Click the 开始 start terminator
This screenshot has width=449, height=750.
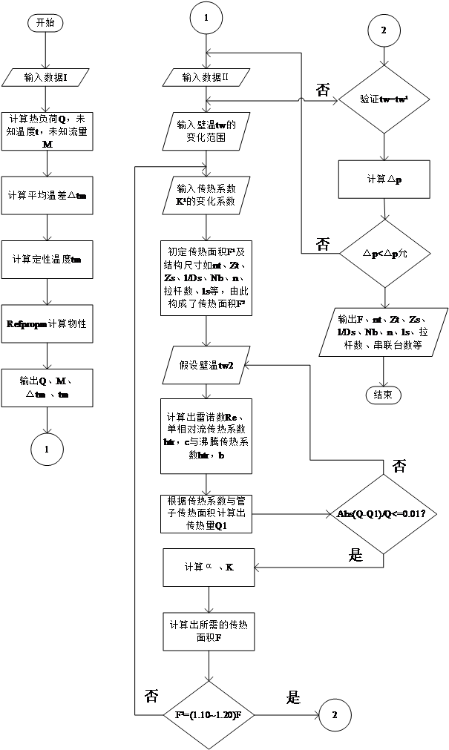pyautogui.click(x=45, y=23)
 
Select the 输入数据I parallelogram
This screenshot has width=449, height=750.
pyautogui.click(x=46, y=77)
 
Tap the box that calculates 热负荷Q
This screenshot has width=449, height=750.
pyautogui.click(x=47, y=131)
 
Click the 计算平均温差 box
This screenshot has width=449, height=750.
pyautogui.click(x=47, y=195)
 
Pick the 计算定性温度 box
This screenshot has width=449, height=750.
pyautogui.click(x=47, y=259)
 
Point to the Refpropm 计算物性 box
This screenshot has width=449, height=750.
pyautogui.click(x=47, y=323)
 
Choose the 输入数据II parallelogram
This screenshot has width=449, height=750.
pyautogui.click(x=206, y=77)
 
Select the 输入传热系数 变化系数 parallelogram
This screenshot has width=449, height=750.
pyautogui.click(x=206, y=195)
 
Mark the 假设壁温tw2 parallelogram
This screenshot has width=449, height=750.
pyautogui.click(x=206, y=364)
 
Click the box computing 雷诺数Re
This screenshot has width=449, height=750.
pyautogui.click(x=206, y=436)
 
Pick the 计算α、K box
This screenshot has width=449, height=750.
pyautogui.click(x=209, y=567)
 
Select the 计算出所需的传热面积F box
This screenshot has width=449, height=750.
pyautogui.click(x=209, y=631)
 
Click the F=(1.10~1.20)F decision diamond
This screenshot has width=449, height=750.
pyautogui.click(x=209, y=715)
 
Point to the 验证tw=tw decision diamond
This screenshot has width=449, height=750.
pyautogui.click(x=384, y=98)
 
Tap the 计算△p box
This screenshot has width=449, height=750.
pyautogui.click(x=384, y=180)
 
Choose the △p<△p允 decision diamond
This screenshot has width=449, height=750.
pyautogui.click(x=384, y=254)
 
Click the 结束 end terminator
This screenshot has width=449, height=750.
pyautogui.click(x=384, y=395)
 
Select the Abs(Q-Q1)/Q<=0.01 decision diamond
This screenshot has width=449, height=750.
pyautogui.click(x=381, y=513)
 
